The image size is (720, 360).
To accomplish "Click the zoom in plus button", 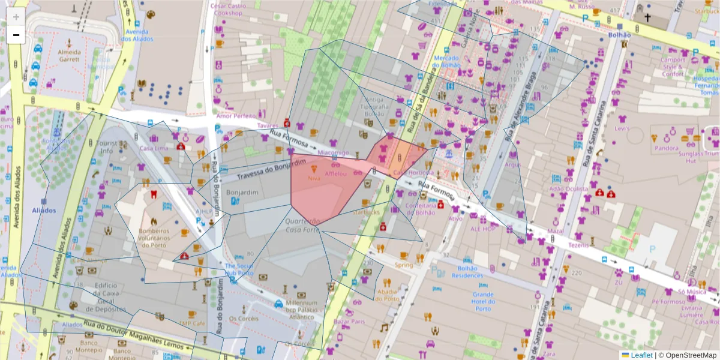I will point(16,17).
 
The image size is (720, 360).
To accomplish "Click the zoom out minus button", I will point(16,35).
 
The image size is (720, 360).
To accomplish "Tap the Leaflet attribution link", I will point(641,355).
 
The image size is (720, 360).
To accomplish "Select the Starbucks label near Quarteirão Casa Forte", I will point(366,212).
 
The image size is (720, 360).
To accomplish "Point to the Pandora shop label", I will point(667,148).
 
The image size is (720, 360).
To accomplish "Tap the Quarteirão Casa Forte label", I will point(302,226).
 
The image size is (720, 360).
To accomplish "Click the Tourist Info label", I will point(106,148).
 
